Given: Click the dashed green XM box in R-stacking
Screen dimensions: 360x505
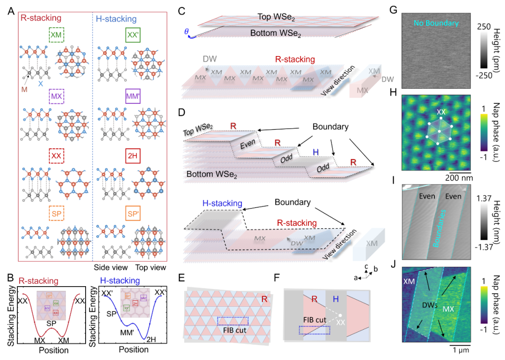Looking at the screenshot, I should click(x=57, y=35).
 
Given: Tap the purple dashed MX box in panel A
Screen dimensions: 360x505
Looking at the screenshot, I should click(x=56, y=95).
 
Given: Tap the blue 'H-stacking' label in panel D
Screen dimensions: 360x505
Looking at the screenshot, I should click(x=222, y=203).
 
